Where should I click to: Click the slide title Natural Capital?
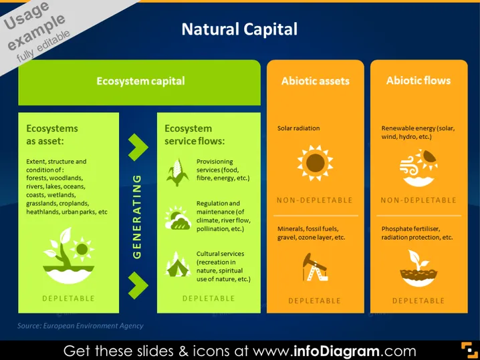(x=239, y=29)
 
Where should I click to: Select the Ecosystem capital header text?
(x=140, y=81)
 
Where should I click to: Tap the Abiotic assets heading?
(x=316, y=81)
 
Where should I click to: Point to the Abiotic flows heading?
(x=418, y=80)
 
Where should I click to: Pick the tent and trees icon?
(x=178, y=264)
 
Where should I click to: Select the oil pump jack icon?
(x=315, y=267)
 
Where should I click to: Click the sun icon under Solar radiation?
(x=315, y=163)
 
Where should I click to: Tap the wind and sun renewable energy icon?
(x=418, y=168)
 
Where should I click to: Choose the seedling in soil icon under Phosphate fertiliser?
(x=418, y=268)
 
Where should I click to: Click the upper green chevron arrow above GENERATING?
(x=138, y=147)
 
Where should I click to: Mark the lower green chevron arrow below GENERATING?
(x=138, y=285)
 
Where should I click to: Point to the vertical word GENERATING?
(x=137, y=216)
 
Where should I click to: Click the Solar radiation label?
(x=298, y=128)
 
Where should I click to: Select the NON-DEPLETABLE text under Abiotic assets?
(x=315, y=200)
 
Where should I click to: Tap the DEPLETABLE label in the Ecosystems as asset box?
(x=68, y=299)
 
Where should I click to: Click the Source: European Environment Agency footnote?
(x=80, y=326)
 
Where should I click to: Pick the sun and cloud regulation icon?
(x=178, y=218)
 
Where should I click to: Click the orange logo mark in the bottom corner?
(x=469, y=350)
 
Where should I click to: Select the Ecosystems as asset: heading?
(x=52, y=134)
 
